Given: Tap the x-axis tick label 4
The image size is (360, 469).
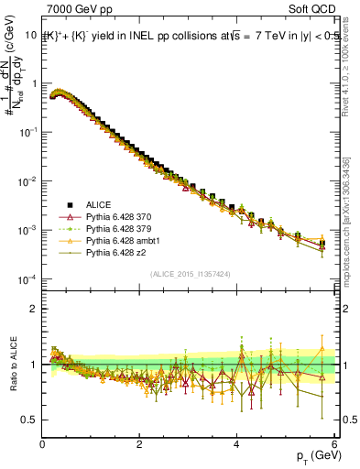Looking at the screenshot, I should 236,445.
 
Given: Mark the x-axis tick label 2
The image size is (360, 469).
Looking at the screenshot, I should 139,445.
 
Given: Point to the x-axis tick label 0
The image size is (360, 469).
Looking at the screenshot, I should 43,445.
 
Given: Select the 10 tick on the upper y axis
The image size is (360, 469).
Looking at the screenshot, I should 29,35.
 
